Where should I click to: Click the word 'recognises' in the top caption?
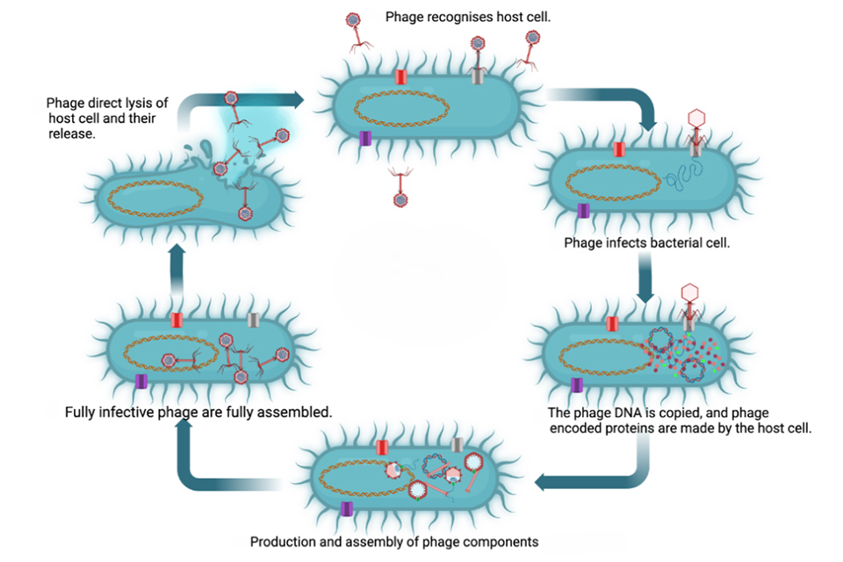(x=465, y=17)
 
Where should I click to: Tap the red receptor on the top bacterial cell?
(x=400, y=77)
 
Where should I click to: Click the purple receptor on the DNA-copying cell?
(x=577, y=385)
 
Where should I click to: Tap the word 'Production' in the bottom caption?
(x=284, y=542)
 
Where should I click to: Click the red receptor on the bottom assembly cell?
(x=383, y=447)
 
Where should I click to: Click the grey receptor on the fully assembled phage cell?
(x=253, y=321)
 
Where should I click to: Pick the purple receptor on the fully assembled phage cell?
(x=140, y=380)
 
